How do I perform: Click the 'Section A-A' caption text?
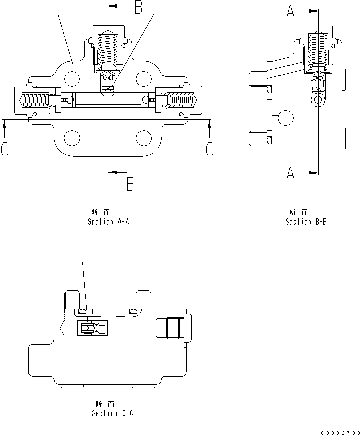[x=108, y=222]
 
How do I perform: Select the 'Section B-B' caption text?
[x=306, y=222]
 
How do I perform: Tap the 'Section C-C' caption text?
[x=112, y=413]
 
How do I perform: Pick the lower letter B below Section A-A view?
[x=130, y=185]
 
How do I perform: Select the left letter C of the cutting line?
[x=5, y=149]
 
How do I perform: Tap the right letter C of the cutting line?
[x=210, y=149]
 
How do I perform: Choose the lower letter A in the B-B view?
[x=291, y=174]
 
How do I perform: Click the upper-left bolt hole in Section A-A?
[x=72, y=78]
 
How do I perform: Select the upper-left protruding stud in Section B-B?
[x=257, y=79]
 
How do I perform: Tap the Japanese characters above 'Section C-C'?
[x=105, y=404]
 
